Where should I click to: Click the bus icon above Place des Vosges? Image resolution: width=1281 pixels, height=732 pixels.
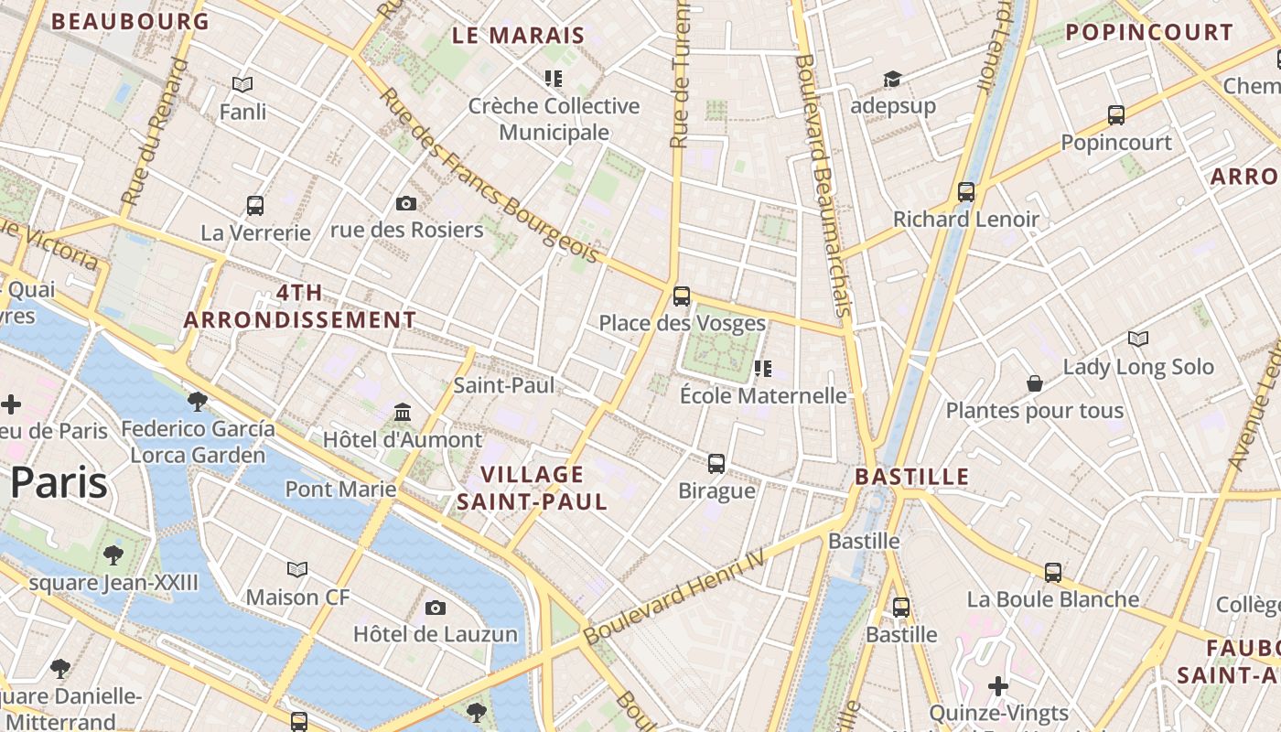(682, 296)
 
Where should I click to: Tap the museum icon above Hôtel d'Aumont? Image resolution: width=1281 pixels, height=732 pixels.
(403, 412)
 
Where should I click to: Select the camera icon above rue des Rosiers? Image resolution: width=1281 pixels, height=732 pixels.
(406, 203)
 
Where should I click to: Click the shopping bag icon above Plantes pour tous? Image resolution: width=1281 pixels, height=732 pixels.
(1035, 382)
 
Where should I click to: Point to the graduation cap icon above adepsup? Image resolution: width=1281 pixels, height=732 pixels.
(892, 80)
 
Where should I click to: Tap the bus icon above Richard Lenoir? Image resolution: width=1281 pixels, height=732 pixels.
(966, 191)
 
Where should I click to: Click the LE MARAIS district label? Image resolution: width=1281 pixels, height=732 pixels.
(518, 36)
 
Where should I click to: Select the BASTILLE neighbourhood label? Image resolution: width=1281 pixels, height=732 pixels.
(911, 476)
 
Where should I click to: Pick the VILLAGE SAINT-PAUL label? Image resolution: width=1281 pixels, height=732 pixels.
(532, 488)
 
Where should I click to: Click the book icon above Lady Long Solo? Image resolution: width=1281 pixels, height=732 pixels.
(1138, 339)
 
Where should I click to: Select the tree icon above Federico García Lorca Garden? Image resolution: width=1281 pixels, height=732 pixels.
(197, 400)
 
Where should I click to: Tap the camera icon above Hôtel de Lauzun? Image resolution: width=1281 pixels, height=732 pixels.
(436, 607)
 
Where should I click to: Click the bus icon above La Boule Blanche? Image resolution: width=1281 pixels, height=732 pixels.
(1053, 572)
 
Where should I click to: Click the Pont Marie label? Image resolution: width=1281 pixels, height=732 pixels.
(340, 489)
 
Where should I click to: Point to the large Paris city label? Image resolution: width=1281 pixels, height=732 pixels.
(59, 482)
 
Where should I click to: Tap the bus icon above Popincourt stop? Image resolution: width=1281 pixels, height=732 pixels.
(1116, 114)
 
